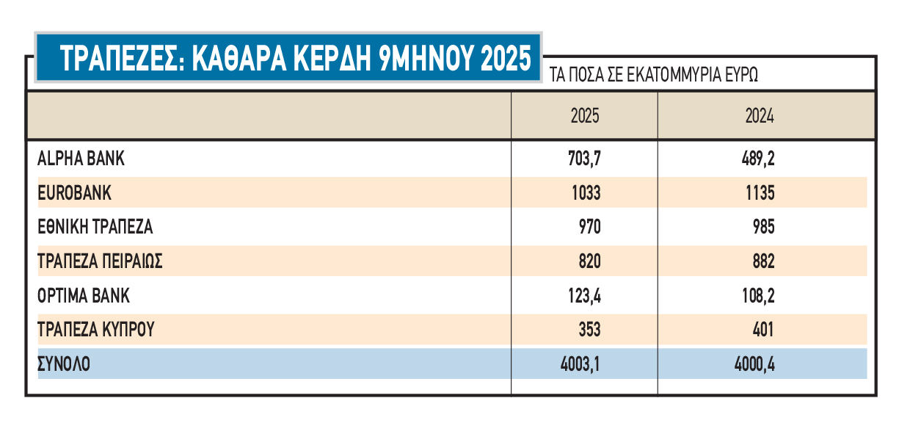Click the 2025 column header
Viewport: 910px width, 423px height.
pyautogui.click(x=585, y=116)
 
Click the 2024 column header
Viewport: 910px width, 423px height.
pyautogui.click(x=760, y=116)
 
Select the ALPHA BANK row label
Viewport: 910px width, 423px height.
pyautogui.click(x=81, y=159)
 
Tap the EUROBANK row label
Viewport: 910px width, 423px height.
pyautogui.click(x=75, y=193)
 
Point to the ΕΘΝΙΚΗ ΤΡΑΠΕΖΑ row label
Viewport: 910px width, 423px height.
pyautogui.click(x=95, y=227)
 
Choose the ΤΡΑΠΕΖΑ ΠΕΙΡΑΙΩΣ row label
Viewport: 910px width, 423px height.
pyautogui.click(x=100, y=261)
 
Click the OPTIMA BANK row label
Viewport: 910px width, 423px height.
pyautogui.click(x=84, y=296)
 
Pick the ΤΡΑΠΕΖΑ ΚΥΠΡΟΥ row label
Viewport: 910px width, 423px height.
pyautogui.click(x=96, y=330)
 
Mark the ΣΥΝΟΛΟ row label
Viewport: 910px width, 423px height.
pyautogui.click(x=65, y=364)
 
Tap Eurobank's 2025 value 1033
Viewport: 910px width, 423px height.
pyautogui.click(x=585, y=193)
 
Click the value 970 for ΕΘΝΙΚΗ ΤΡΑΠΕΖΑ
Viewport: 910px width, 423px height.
pyautogui.click(x=589, y=227)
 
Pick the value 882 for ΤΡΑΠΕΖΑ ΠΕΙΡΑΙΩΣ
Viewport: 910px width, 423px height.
pyautogui.click(x=763, y=261)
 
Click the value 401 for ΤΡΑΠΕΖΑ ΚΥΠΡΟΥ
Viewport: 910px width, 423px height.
pyautogui.click(x=763, y=330)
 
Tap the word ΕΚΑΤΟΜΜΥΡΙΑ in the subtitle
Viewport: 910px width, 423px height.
pyautogui.click(x=674, y=75)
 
